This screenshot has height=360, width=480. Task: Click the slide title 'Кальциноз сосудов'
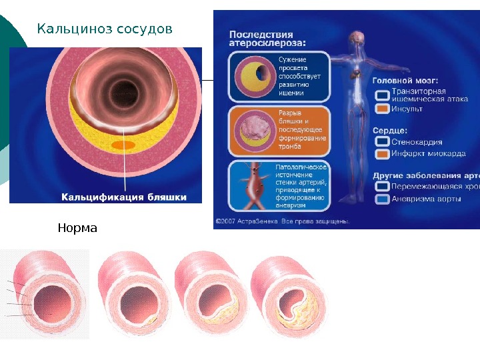click(105, 29)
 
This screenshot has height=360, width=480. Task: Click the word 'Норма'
click(77, 229)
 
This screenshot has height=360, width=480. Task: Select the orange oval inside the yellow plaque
click(124, 145)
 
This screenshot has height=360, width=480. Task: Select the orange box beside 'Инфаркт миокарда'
click(382, 153)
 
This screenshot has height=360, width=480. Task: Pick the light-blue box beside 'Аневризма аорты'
click(382, 198)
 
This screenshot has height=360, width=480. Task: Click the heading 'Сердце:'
click(390, 131)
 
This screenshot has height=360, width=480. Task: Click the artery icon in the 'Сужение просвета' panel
click(252, 77)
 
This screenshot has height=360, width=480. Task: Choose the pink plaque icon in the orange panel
click(252, 129)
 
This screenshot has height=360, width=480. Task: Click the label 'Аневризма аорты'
click(422, 199)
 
